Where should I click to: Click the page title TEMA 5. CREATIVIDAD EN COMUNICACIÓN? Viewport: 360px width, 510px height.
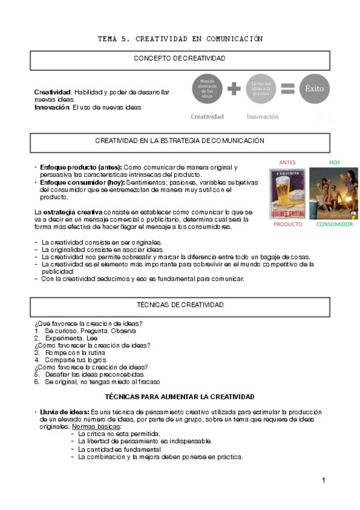(180, 38)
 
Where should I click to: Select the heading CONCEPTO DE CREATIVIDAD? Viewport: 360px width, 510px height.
(180, 58)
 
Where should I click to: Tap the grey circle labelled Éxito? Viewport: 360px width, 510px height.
(314, 88)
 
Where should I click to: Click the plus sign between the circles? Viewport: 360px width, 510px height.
(234, 88)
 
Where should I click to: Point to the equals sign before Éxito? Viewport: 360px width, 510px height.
(288, 88)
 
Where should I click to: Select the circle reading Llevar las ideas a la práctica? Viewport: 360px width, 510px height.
(261, 88)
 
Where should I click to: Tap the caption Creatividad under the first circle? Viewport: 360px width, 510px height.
(207, 117)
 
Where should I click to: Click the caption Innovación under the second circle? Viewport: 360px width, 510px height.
(263, 117)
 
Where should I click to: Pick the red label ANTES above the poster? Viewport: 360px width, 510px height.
(287, 162)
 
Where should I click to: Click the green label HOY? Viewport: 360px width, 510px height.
(334, 162)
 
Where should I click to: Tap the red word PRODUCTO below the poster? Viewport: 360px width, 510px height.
(288, 224)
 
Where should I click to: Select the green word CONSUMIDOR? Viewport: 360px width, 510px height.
(334, 224)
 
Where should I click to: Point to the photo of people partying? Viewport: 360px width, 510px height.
(334, 193)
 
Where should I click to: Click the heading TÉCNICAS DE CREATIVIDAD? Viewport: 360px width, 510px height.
(180, 305)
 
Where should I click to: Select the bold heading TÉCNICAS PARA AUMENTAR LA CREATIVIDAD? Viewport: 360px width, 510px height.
(180, 397)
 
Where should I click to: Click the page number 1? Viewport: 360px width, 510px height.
(323, 480)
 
